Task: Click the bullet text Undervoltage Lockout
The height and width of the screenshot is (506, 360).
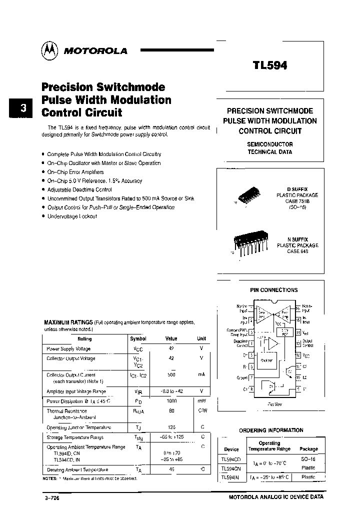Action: [x=72, y=216]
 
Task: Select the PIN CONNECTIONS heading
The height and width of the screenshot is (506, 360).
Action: [x=273, y=290]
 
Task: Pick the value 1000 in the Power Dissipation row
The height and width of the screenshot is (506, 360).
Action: [x=171, y=401]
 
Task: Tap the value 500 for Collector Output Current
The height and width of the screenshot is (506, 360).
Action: [x=171, y=374]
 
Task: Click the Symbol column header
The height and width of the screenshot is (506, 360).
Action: [x=138, y=338]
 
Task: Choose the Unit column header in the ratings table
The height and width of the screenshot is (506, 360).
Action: [x=201, y=338]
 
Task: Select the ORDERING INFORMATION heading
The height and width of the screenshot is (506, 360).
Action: [x=271, y=430]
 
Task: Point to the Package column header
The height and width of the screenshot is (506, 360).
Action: [x=308, y=449]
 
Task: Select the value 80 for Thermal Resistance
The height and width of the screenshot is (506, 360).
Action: [x=171, y=411]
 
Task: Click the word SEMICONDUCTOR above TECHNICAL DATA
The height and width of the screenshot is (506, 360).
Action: [x=270, y=144]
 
